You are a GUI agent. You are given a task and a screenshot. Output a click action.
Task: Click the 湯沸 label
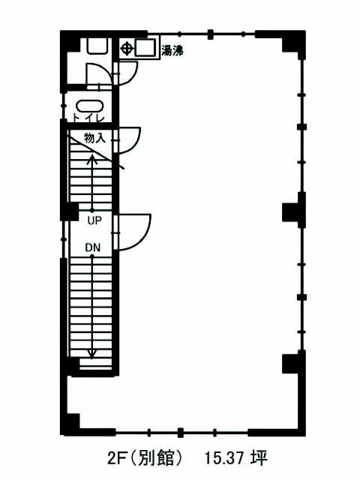click(172, 51)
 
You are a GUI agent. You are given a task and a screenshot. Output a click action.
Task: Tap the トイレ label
click(88, 118)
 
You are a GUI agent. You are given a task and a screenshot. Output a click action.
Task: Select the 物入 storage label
click(94, 138)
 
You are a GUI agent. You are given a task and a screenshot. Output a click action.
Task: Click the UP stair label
click(94, 220)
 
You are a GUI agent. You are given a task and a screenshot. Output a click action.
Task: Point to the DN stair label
click(93, 247)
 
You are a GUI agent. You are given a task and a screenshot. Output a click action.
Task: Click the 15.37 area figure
click(224, 458)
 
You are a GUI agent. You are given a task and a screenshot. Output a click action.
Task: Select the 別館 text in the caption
click(157, 458)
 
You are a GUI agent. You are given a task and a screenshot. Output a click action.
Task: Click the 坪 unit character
click(259, 458)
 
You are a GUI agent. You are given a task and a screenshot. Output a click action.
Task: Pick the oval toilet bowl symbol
click(90, 106)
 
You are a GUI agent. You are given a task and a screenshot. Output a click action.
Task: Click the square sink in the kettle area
click(145, 48)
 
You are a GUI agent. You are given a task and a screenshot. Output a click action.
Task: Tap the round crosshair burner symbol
click(127, 48)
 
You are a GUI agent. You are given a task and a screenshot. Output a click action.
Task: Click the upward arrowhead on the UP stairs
click(91, 159)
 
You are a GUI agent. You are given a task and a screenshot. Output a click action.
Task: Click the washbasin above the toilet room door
click(98, 46)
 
